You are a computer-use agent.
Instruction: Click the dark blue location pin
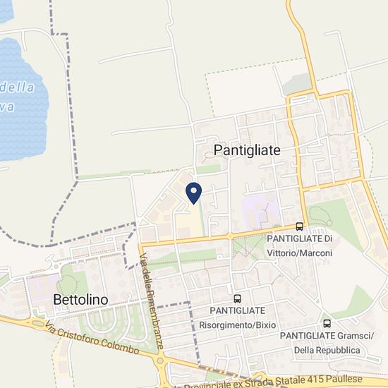pos(193,191)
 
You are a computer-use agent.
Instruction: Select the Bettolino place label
pos(80,300)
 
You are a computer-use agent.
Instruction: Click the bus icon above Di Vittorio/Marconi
pos(300,226)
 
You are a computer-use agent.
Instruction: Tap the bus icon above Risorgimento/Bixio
pos(237,298)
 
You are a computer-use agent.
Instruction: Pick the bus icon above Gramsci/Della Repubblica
pos(327,322)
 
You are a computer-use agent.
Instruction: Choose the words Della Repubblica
pos(327,350)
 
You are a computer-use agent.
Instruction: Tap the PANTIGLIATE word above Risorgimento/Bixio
pos(237,310)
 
